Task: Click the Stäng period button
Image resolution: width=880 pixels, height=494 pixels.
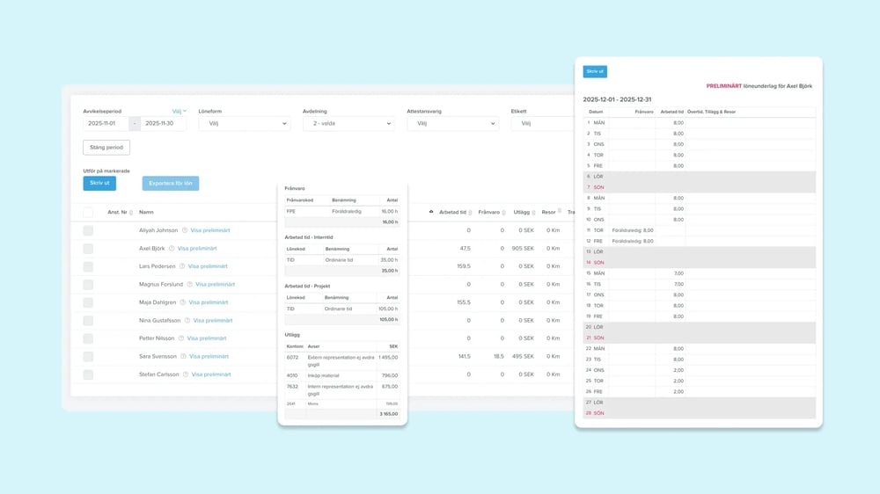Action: click(x=106, y=148)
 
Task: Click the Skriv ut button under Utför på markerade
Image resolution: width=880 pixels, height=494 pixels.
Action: click(x=99, y=183)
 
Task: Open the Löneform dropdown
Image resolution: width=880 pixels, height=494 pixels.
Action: click(x=244, y=124)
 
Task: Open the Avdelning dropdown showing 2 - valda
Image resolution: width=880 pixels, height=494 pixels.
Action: click(x=348, y=124)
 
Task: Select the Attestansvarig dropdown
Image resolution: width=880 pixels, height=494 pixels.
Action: click(x=451, y=124)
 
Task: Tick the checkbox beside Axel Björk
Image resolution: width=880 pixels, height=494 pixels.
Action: click(x=88, y=249)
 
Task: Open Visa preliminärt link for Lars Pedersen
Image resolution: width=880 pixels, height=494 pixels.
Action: click(x=208, y=266)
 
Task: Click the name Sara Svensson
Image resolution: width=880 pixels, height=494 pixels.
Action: click(x=158, y=356)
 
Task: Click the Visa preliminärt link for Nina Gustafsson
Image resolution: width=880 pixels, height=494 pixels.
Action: click(x=212, y=321)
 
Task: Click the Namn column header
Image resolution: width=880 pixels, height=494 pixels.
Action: click(x=146, y=212)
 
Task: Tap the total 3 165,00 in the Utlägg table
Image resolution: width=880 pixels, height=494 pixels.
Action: click(x=387, y=413)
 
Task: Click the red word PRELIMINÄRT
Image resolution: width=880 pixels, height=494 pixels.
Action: click(x=723, y=86)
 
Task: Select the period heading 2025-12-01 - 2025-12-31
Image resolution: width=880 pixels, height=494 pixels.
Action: click(x=617, y=99)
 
